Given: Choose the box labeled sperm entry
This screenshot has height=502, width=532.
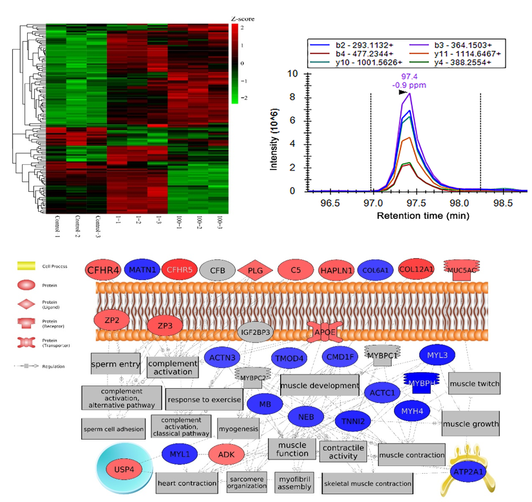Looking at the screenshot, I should coord(116,364).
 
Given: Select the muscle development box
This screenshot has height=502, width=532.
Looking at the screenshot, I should coord(319,386).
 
